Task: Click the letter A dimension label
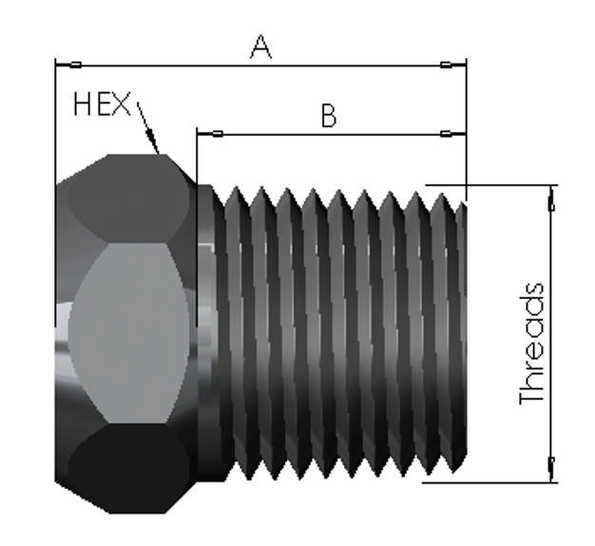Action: pos(260,47)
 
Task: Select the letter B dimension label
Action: pos(328,116)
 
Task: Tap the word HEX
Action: pos(102,104)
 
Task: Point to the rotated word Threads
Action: pos(533,344)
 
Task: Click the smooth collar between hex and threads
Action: pos(206,332)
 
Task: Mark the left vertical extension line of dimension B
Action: pos(197,157)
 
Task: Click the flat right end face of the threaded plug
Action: pos(463,332)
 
